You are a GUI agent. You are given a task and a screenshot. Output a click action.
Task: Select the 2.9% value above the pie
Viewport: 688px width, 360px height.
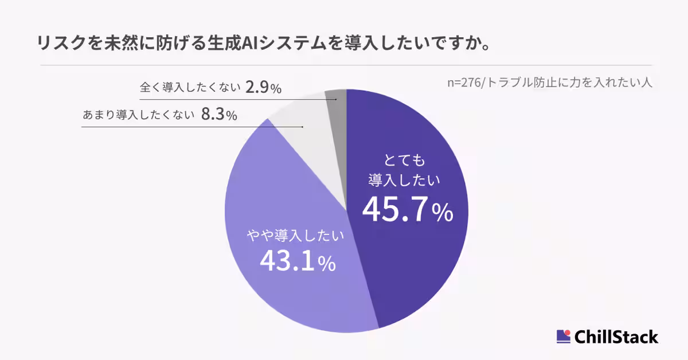coord(263,88)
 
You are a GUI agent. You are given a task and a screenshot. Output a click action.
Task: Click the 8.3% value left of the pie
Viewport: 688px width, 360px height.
coord(219,115)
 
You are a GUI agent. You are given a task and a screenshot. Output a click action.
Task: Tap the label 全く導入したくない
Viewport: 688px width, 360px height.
coord(189,89)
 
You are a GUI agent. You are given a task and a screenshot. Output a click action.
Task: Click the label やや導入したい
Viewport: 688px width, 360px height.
coord(295,235)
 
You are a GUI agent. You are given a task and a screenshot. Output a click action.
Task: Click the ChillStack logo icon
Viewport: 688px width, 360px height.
coord(564,336)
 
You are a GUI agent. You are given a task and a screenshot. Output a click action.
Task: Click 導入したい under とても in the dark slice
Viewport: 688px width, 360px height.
coord(404,180)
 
